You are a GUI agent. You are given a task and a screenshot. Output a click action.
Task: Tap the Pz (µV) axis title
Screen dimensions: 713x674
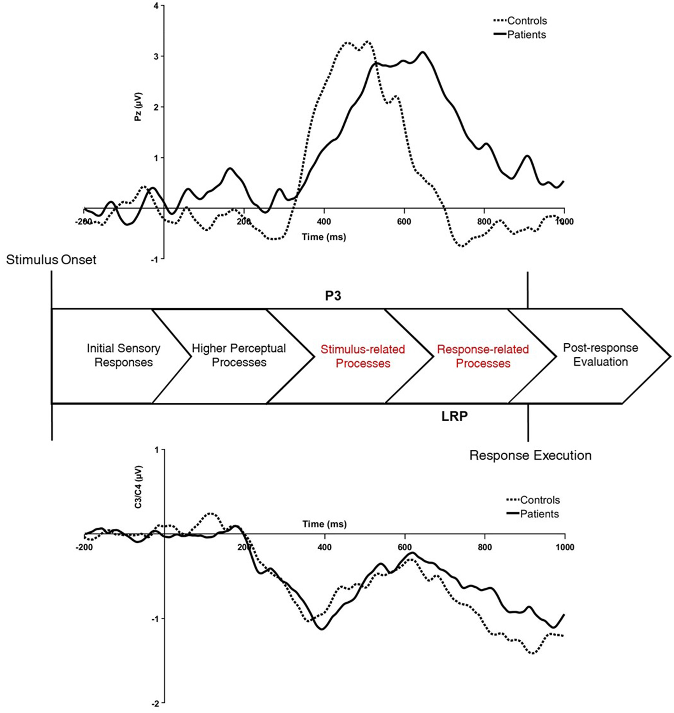138,107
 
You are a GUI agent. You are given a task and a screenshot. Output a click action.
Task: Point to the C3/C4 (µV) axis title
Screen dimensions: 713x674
138,487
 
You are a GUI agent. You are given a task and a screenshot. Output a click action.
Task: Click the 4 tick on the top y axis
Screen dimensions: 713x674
156,6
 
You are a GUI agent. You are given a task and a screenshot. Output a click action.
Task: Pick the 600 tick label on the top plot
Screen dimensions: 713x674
404,221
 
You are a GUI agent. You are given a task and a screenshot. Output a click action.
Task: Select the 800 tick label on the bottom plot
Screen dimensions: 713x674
485,547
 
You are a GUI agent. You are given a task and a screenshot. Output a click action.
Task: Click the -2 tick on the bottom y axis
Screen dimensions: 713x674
155,704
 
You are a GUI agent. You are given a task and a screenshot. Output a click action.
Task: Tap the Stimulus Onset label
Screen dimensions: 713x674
51,260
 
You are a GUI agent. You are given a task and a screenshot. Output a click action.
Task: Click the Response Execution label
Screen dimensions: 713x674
530,455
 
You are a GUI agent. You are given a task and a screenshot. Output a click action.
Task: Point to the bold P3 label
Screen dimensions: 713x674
333,296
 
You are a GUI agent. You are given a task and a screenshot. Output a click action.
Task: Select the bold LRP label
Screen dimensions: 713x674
454,416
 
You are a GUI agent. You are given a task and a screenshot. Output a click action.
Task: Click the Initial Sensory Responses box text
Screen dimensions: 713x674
123,355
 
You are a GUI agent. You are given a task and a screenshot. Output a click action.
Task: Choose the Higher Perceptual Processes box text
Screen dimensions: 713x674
238,355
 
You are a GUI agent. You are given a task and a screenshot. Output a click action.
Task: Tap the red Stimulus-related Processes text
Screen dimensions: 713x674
362,356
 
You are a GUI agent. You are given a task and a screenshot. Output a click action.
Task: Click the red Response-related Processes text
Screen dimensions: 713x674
483,356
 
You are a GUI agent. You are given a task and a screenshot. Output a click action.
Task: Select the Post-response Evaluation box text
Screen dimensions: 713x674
600,355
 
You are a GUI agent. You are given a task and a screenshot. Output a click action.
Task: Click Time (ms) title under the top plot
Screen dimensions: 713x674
324,237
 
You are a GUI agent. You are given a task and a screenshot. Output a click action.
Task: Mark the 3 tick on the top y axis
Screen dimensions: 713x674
156,56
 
